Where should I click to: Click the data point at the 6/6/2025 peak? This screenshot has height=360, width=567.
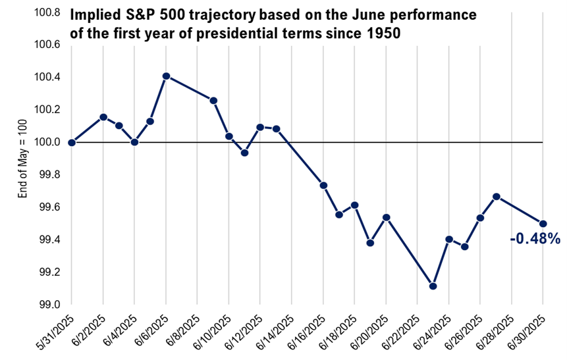pos(166,76)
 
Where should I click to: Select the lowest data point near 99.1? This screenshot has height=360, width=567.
pos(433,286)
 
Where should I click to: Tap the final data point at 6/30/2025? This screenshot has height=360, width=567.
pos(543,224)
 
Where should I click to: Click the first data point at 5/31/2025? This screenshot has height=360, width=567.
pos(72,142)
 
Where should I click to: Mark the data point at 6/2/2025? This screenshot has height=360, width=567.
pos(103,117)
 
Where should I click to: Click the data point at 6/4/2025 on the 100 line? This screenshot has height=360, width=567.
pos(134,141)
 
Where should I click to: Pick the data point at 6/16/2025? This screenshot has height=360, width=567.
pos(323,186)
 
